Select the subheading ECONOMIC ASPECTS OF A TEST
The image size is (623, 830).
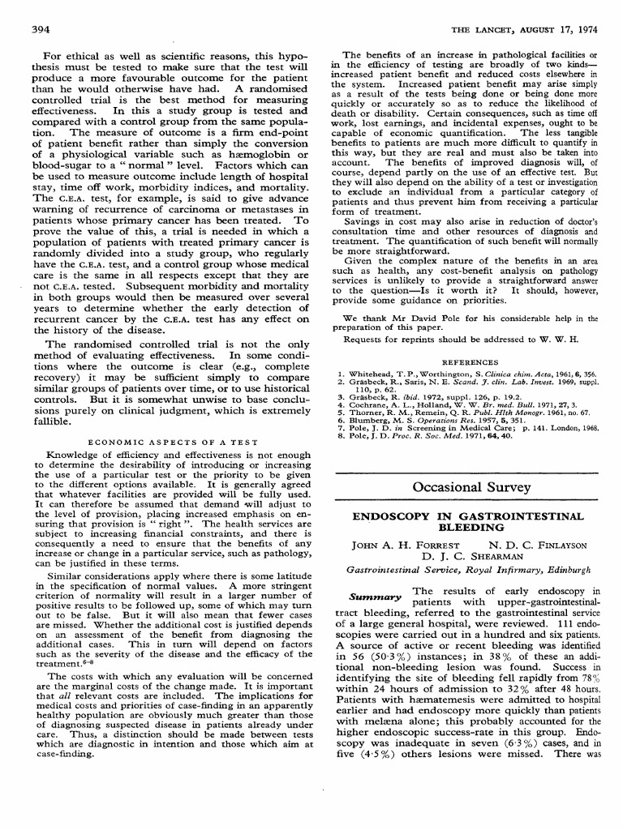173,442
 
